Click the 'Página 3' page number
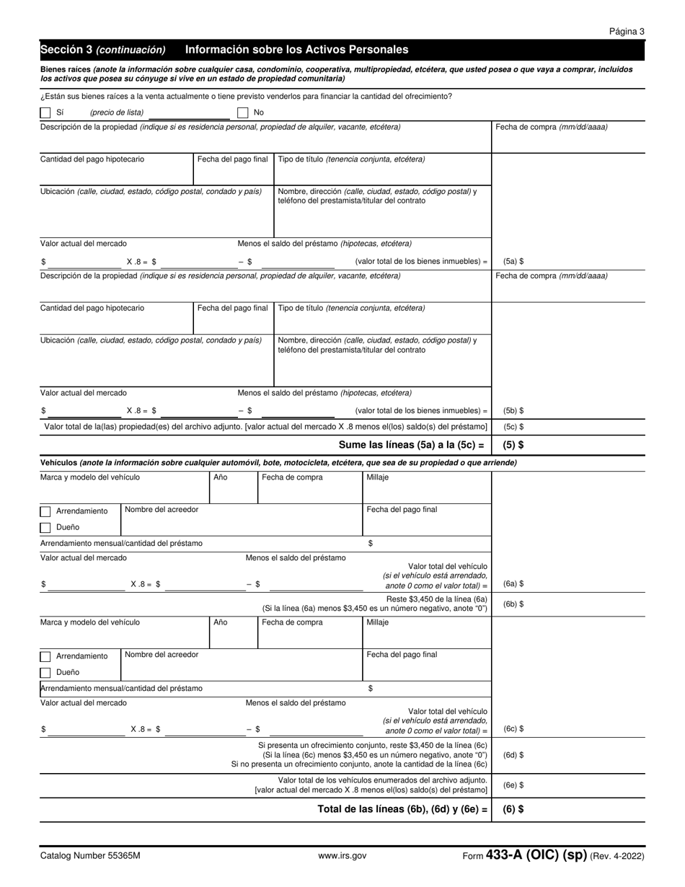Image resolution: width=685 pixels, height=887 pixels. (627, 31)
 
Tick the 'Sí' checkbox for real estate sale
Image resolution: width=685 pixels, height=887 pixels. (45, 112)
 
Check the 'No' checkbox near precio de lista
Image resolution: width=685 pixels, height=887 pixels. (243, 112)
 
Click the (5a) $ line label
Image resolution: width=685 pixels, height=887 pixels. (513, 262)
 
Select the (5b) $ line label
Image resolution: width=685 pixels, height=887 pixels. (513, 410)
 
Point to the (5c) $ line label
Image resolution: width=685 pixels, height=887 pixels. (513, 427)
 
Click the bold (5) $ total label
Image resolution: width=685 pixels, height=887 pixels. (513, 445)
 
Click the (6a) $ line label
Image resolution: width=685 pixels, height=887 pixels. (513, 583)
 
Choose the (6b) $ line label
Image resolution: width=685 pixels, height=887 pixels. (513, 604)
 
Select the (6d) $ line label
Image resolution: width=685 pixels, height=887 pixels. (513, 754)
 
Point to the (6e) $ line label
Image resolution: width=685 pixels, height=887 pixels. (513, 785)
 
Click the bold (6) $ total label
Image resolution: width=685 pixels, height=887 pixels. (513, 809)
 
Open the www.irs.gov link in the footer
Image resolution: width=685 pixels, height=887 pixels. (342, 856)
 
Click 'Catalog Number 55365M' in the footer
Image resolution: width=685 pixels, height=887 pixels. (90, 856)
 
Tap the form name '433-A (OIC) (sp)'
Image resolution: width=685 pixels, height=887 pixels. (536, 855)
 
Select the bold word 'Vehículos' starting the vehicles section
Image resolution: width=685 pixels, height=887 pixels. (58, 462)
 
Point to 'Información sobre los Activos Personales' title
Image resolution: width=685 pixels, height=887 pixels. (296, 50)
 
